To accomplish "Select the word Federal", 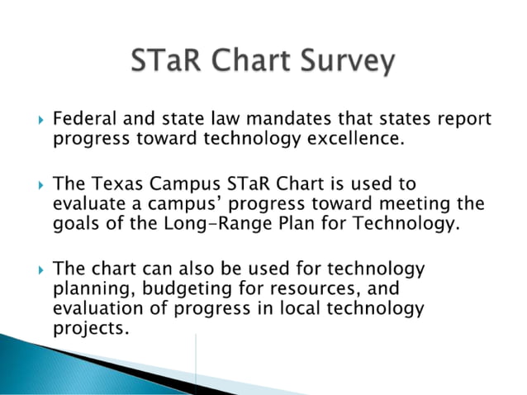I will pyautogui.click(x=84, y=121).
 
